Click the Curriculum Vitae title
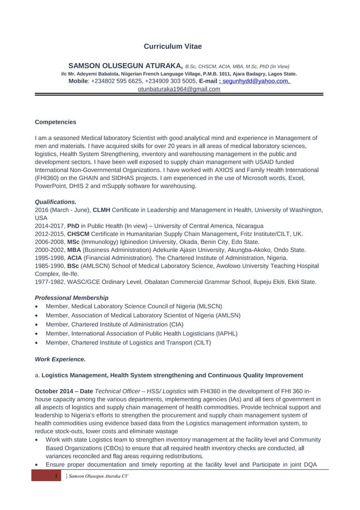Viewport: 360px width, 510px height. point(172,46)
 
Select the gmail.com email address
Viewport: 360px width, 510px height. point(179,89)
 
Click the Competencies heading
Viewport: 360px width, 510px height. point(55,122)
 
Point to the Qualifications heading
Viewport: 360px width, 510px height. point(56,202)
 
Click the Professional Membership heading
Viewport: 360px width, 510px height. point(72,298)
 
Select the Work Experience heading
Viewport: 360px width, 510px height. point(60,359)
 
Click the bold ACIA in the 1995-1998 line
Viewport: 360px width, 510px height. point(75,258)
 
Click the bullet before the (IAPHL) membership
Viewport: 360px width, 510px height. point(37,334)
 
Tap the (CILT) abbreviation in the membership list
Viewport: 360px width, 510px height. point(202,343)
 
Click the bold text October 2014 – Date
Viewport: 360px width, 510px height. point(64,391)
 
